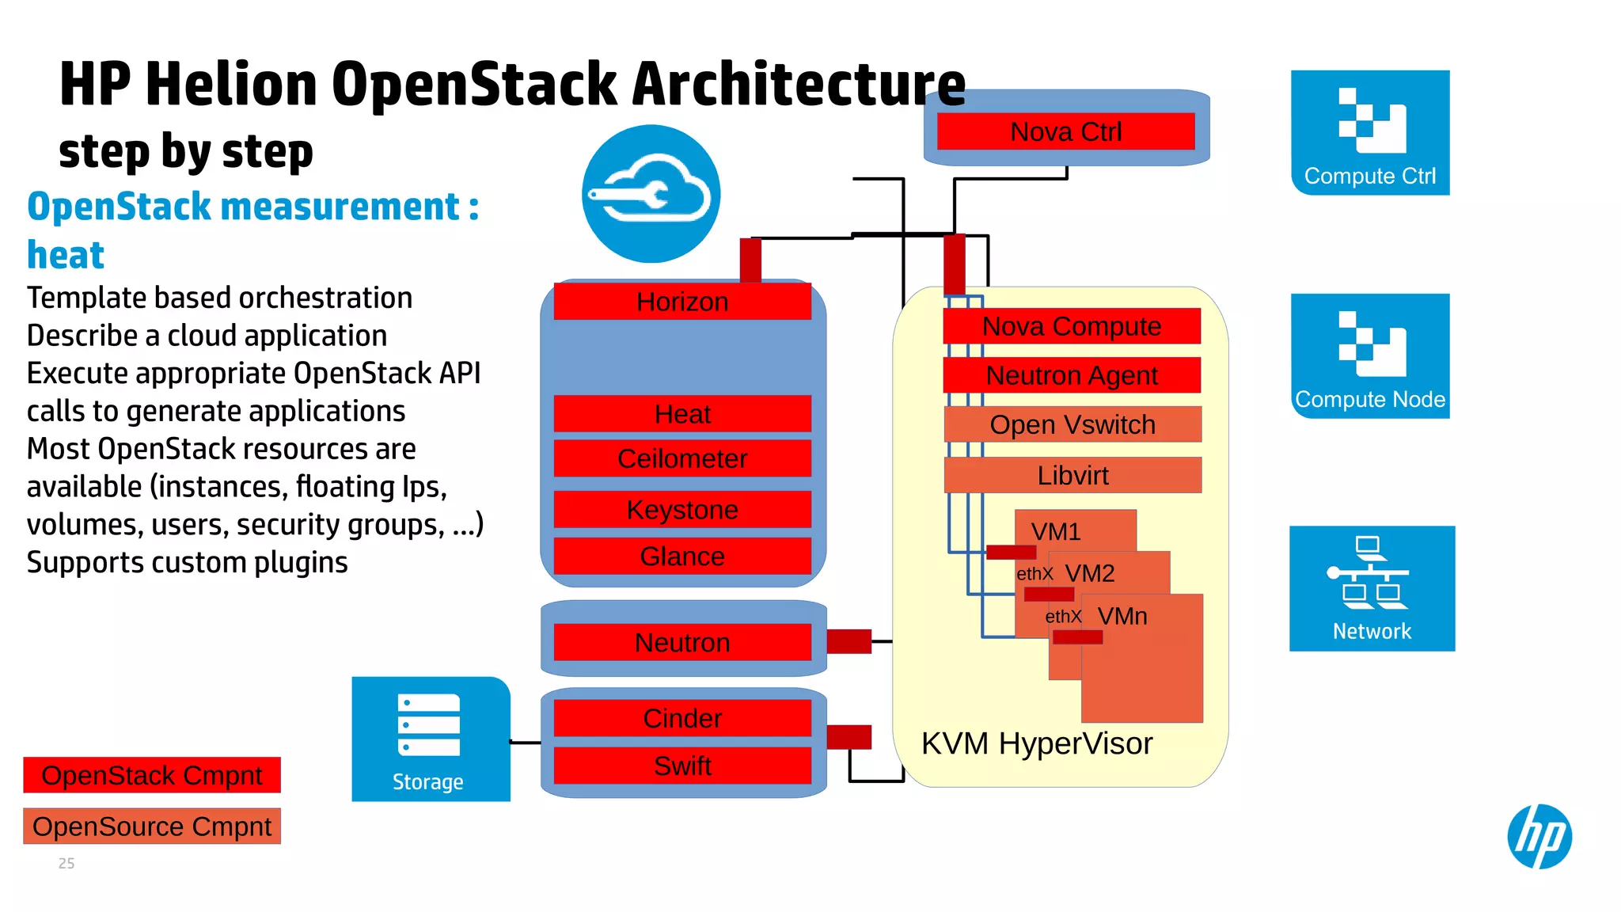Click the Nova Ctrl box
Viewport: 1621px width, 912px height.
click(1065, 131)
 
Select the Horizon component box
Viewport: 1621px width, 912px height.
click(682, 302)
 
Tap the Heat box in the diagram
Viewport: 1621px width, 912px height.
click(682, 414)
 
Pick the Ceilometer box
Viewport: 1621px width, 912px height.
click(682, 458)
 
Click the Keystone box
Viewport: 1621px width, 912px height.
click(682, 509)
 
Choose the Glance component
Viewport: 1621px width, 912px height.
click(682, 556)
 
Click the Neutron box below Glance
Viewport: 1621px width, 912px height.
click(682, 642)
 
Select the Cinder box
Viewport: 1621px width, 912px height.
click(682, 718)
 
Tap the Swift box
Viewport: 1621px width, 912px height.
click(682, 766)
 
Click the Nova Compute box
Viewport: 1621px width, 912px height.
click(1072, 326)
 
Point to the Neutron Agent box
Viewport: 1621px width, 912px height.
click(1072, 375)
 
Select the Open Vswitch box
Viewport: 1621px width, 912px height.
click(1072, 424)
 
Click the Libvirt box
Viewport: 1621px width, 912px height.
click(1072, 475)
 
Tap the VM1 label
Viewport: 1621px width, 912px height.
click(1056, 531)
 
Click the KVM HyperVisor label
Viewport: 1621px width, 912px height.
click(1037, 743)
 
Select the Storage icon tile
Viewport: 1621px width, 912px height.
click(430, 739)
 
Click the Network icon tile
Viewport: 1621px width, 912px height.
click(1372, 588)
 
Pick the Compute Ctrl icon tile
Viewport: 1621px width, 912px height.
click(1370, 132)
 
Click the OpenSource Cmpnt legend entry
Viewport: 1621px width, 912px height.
click(152, 826)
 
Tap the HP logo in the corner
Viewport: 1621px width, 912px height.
click(1539, 836)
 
